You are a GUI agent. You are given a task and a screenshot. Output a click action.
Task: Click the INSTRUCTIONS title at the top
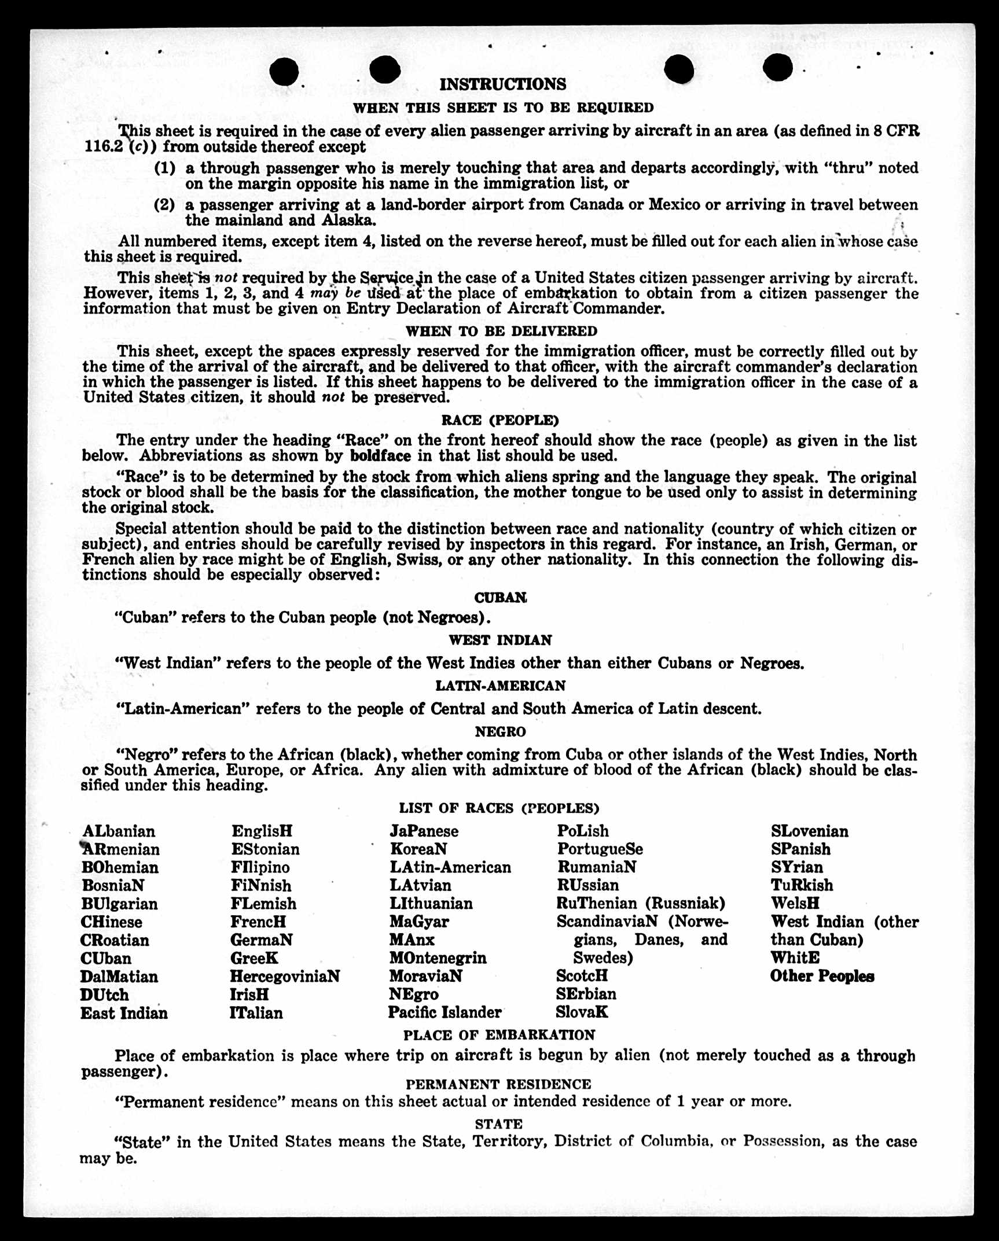pyautogui.click(x=502, y=84)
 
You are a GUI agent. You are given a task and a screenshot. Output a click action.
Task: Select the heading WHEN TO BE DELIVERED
pyautogui.click(x=501, y=332)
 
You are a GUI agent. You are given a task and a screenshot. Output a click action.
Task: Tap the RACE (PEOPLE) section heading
pyautogui.click(x=500, y=420)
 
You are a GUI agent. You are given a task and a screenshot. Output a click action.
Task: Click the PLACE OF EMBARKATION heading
pyautogui.click(x=499, y=1035)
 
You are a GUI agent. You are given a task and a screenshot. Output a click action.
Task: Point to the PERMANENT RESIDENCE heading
pyautogui.click(x=498, y=1084)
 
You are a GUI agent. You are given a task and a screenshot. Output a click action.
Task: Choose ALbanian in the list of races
pyautogui.click(x=119, y=831)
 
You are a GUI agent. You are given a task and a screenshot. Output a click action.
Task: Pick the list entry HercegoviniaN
pyautogui.click(x=285, y=977)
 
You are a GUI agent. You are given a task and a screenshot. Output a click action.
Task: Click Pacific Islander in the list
pyautogui.click(x=445, y=1012)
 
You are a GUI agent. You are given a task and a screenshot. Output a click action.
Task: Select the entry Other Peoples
pyautogui.click(x=822, y=976)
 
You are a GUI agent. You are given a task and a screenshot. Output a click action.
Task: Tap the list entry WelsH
pyautogui.click(x=795, y=903)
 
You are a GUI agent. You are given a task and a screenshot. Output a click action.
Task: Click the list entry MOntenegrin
pyautogui.click(x=438, y=958)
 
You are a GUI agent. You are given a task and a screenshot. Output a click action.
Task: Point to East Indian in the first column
pyautogui.click(x=124, y=1013)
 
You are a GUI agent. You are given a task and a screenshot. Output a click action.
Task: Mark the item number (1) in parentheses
pyautogui.click(x=164, y=168)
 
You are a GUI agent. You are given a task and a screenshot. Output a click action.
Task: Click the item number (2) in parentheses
pyautogui.click(x=164, y=205)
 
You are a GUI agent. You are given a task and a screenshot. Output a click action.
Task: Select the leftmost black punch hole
pyautogui.click(x=284, y=72)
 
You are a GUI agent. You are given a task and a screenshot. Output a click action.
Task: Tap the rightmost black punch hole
pyautogui.click(x=777, y=68)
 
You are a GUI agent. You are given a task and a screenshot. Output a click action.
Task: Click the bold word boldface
pyautogui.click(x=380, y=456)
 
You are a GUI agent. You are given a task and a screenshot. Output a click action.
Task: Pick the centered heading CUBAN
pyautogui.click(x=501, y=598)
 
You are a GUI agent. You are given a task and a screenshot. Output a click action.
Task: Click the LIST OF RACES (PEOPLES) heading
pyautogui.click(x=499, y=808)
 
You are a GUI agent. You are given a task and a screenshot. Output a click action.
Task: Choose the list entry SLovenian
pyautogui.click(x=809, y=831)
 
